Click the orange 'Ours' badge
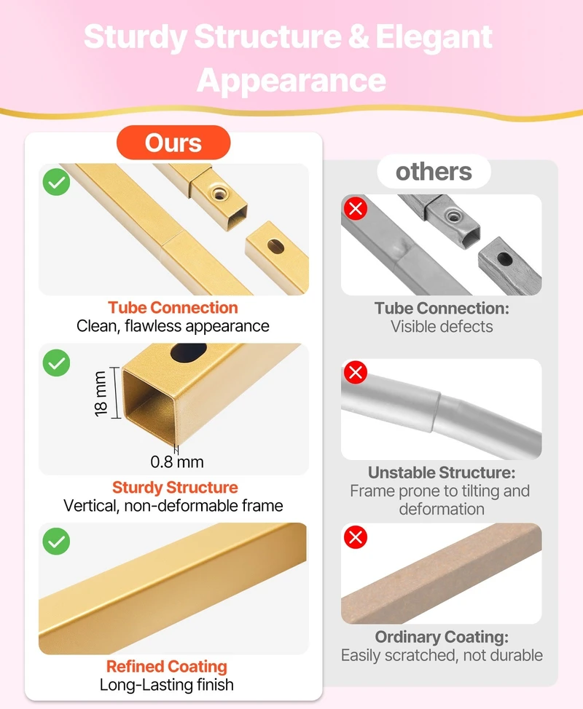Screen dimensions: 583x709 coord(173,143)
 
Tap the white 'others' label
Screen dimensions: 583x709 coord(434,172)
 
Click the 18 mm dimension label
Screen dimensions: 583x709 coord(101,393)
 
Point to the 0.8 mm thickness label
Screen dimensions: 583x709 coord(177,462)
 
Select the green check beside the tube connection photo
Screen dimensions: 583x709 coord(57,182)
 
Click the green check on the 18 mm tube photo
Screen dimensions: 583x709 coord(57,363)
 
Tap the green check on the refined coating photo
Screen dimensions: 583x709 coord(57,542)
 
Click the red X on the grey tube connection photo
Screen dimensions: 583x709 coord(356,208)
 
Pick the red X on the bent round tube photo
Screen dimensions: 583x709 coord(356,372)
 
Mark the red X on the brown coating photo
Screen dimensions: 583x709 coord(356,537)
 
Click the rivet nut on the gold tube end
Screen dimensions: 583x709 coord(219,194)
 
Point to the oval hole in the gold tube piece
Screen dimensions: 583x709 coord(275,247)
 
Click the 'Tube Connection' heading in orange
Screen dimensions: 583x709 coord(173,307)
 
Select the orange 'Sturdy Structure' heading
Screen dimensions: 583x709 coord(175,487)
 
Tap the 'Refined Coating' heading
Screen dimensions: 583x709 coord(167,666)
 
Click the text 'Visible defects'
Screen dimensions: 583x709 coord(442,326)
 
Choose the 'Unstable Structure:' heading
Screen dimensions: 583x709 coord(442,472)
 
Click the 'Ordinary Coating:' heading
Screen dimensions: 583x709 coord(442,637)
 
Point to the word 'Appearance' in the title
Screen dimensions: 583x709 coord(291,81)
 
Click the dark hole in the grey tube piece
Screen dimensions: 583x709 coord(505,259)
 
